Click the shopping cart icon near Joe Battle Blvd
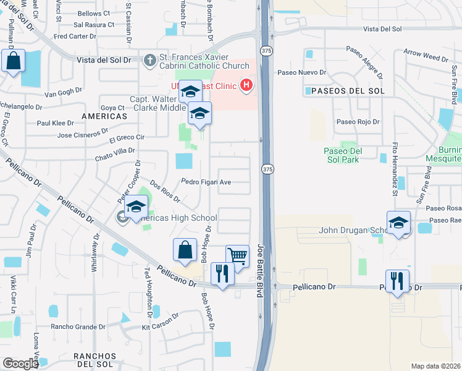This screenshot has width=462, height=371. click(x=237, y=255)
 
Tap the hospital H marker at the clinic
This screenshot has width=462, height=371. click(x=246, y=85)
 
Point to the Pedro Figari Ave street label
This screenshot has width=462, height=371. click(x=206, y=182)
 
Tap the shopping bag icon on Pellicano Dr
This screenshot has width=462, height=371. click(x=185, y=250)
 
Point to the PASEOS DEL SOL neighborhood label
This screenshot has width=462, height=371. click(x=344, y=91)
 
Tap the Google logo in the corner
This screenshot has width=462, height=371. click(x=20, y=364)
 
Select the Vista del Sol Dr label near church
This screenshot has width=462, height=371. click(x=104, y=60)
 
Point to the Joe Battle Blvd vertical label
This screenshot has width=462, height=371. click(x=260, y=270)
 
